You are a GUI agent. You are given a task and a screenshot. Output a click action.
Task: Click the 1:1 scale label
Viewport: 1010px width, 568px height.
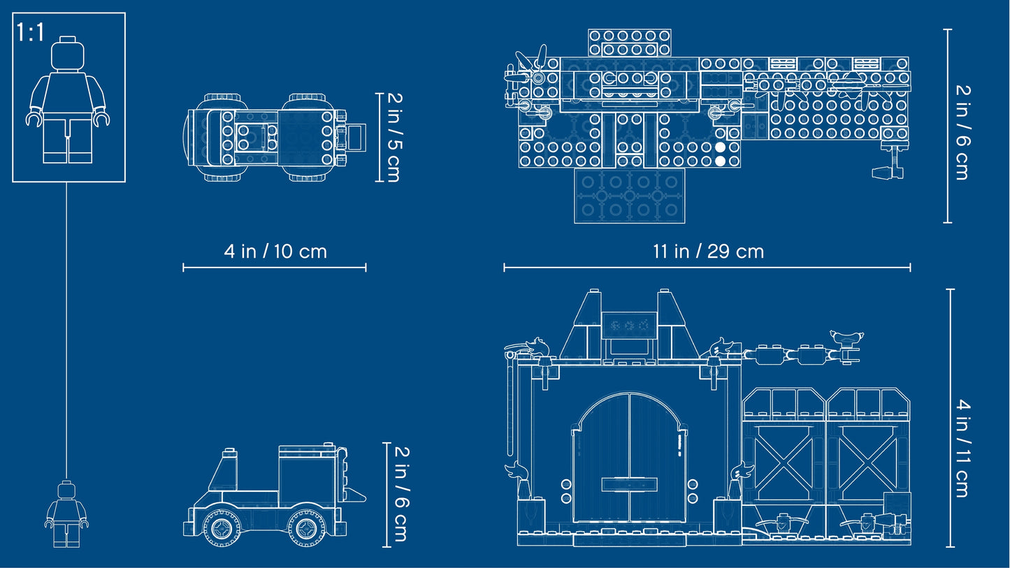click(x=31, y=32)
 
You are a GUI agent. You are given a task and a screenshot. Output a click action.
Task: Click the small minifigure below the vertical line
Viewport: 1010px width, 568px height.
click(x=66, y=514)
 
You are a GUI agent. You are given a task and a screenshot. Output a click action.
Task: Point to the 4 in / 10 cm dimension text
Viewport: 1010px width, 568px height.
click(x=275, y=252)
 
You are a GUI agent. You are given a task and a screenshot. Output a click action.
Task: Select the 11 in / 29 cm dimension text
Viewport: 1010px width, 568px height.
click(x=707, y=252)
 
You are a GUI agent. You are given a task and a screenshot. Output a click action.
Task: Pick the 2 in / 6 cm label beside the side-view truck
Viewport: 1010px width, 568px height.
click(x=399, y=495)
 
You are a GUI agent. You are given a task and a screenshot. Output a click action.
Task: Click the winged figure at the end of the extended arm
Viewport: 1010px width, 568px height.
click(x=846, y=340)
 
